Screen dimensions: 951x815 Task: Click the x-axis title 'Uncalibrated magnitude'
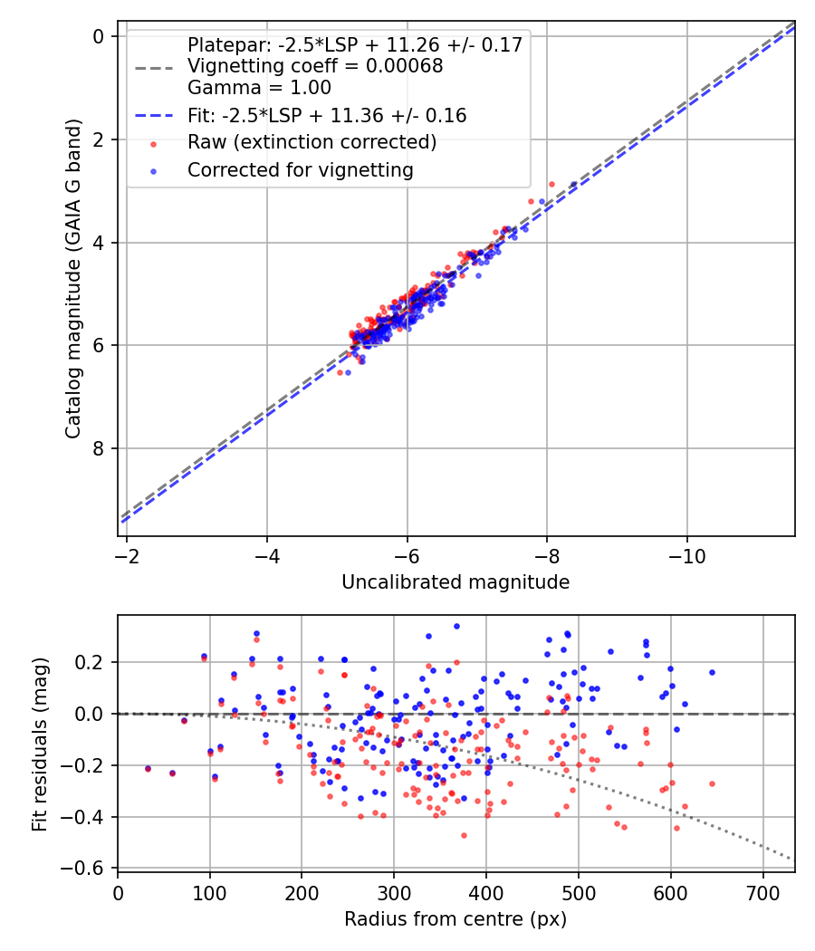coord(455,582)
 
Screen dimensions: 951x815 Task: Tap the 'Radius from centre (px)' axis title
coord(455,919)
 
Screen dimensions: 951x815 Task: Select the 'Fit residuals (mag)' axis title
coord(39,744)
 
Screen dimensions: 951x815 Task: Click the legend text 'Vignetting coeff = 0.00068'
coord(315,66)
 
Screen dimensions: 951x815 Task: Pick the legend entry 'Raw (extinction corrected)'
coord(312,142)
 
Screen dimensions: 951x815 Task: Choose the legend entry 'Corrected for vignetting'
coord(300,170)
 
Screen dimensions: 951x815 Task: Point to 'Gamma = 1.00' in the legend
coord(259,88)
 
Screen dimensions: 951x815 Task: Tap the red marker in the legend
coord(154,143)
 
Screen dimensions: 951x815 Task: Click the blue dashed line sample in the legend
coord(154,116)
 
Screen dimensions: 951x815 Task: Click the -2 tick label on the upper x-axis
coord(127,553)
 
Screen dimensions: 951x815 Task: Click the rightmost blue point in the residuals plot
coord(712,672)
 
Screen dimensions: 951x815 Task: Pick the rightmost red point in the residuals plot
coord(712,783)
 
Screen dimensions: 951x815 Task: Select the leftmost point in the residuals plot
coord(148,768)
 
